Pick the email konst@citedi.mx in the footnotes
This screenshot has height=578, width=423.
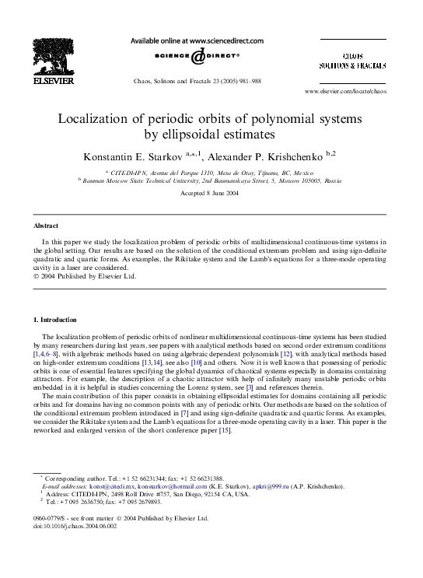coord(104,486)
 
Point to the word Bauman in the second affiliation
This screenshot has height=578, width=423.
coord(96,179)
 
